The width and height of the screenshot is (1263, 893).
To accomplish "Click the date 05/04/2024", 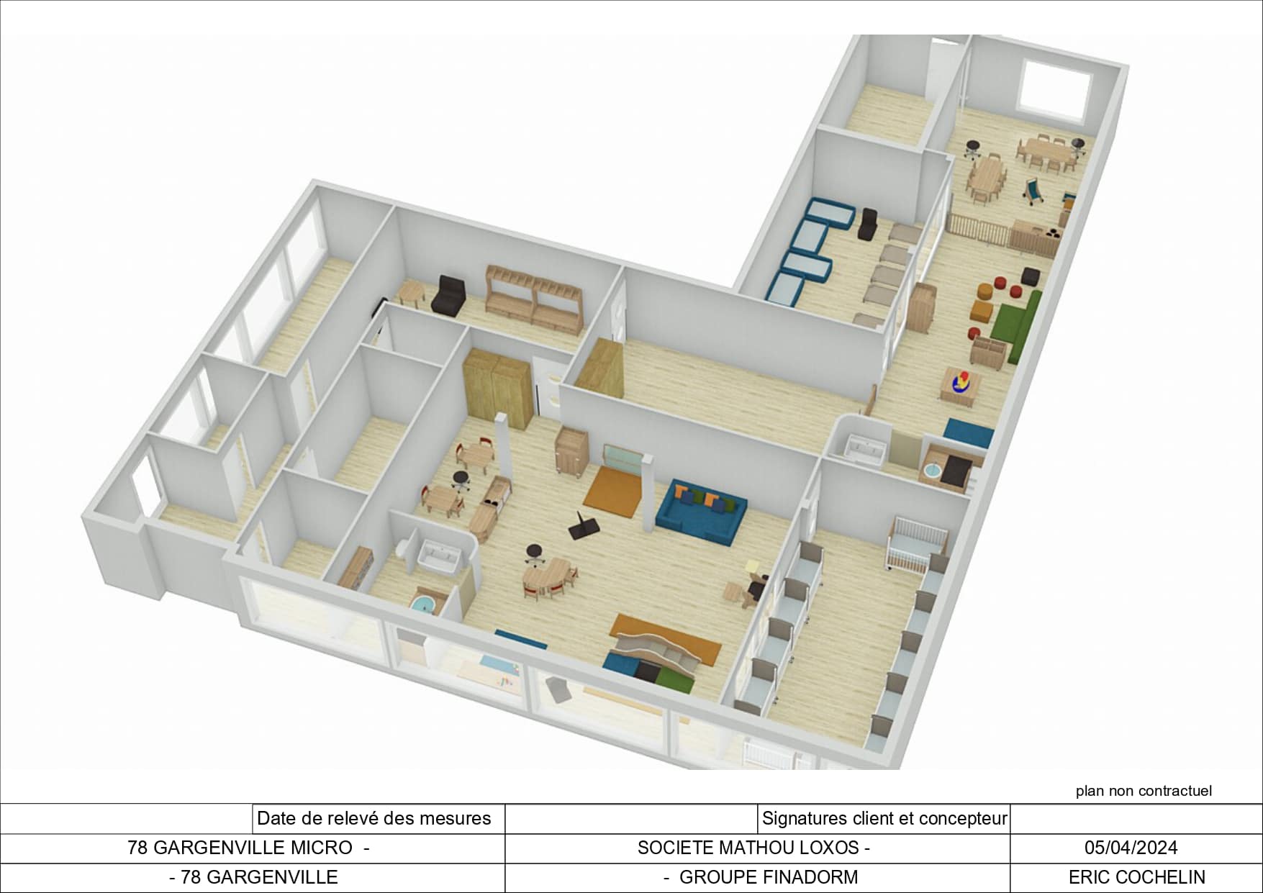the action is (1131, 848).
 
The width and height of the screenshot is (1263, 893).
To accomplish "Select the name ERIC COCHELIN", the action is (1136, 877).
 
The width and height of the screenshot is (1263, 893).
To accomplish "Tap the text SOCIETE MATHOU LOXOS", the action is (748, 848).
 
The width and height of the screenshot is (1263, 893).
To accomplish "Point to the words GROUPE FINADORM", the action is (769, 877).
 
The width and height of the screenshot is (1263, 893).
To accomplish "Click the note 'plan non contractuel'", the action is (1144, 791).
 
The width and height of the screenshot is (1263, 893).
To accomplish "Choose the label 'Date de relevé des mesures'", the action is (374, 818).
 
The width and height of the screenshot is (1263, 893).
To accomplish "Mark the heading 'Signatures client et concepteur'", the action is (884, 818).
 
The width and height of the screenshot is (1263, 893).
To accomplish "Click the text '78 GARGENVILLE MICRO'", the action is (240, 848).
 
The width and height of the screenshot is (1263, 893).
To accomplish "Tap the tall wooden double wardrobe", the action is (498, 388).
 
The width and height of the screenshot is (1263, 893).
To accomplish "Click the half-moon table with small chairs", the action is (547, 579).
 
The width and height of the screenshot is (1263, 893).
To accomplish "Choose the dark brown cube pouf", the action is (1031, 276).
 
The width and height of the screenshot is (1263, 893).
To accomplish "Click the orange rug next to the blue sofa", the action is (613, 491).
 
